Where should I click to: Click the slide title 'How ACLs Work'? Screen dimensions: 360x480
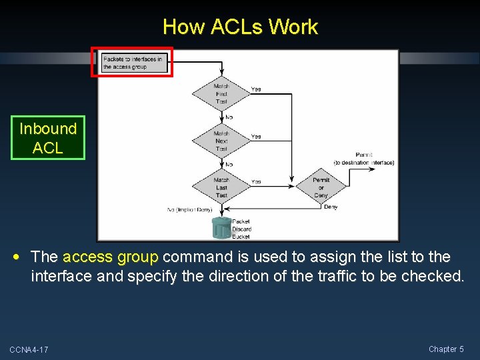coord(240,27)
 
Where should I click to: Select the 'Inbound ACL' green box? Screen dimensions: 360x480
coord(48,138)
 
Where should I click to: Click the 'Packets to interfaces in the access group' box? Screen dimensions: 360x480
coord(132,63)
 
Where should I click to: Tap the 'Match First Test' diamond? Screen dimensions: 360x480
coord(221,93)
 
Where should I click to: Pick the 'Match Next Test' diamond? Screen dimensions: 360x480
coord(221,141)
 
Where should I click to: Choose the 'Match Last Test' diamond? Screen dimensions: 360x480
coord(221,187)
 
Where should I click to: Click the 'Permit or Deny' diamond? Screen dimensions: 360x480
coord(321,187)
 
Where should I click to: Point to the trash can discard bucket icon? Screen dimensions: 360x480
coord(221,228)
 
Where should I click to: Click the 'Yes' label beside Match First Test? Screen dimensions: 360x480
coord(256,89)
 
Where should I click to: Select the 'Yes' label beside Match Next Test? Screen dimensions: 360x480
coord(256,137)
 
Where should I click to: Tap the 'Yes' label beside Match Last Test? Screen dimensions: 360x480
coord(256,181)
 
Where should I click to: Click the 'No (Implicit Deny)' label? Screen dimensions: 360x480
coord(189,210)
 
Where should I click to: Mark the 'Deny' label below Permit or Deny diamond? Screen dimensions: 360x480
coord(331,207)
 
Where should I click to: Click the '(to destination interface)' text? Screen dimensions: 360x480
coord(364,163)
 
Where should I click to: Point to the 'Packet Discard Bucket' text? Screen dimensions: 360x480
coord(241,229)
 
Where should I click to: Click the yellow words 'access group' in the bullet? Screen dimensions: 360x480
coord(110,257)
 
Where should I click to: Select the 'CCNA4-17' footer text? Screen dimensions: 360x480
coord(29,350)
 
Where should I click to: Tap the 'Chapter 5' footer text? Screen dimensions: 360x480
coord(446,349)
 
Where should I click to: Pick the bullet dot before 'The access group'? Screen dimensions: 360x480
coord(22,257)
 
